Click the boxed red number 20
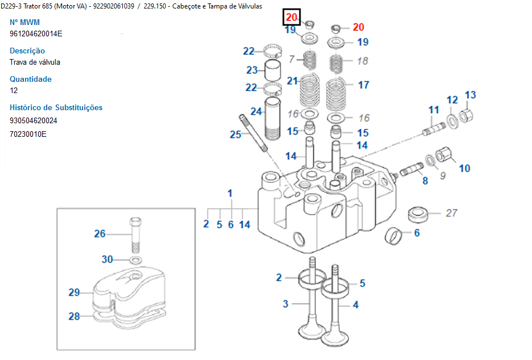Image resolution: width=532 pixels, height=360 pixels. point(292,17)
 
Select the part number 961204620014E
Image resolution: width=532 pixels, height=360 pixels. point(36,34)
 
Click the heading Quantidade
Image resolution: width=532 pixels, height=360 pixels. point(31,79)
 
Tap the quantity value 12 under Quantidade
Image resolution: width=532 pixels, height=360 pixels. point(14,90)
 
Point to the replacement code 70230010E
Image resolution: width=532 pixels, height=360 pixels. point(28,134)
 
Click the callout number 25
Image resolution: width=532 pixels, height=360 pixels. point(235,135)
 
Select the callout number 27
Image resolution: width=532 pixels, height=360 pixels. point(451,213)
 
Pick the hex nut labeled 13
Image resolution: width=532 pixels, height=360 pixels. point(466,115)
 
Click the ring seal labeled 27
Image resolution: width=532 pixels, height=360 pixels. point(418,214)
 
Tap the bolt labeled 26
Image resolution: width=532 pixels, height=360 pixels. point(135,235)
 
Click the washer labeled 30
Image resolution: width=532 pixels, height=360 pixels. point(136,260)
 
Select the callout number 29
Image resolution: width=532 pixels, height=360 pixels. point(74,292)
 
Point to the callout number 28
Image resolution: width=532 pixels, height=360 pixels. point(74,316)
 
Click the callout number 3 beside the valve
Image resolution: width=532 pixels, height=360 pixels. point(286,304)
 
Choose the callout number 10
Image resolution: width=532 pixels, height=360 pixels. point(464,169)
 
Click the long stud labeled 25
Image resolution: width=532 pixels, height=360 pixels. point(253,133)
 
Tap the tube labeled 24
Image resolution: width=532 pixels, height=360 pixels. point(272,119)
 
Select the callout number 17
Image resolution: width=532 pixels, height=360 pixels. point(364,85)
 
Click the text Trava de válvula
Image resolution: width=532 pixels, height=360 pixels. point(35,62)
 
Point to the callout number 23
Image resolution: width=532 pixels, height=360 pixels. point(252,70)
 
